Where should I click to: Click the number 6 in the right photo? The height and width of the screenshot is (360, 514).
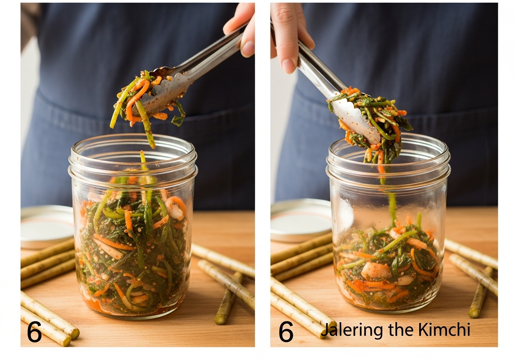pos(286,331)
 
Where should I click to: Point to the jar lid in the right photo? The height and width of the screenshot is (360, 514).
pos(301,221)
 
